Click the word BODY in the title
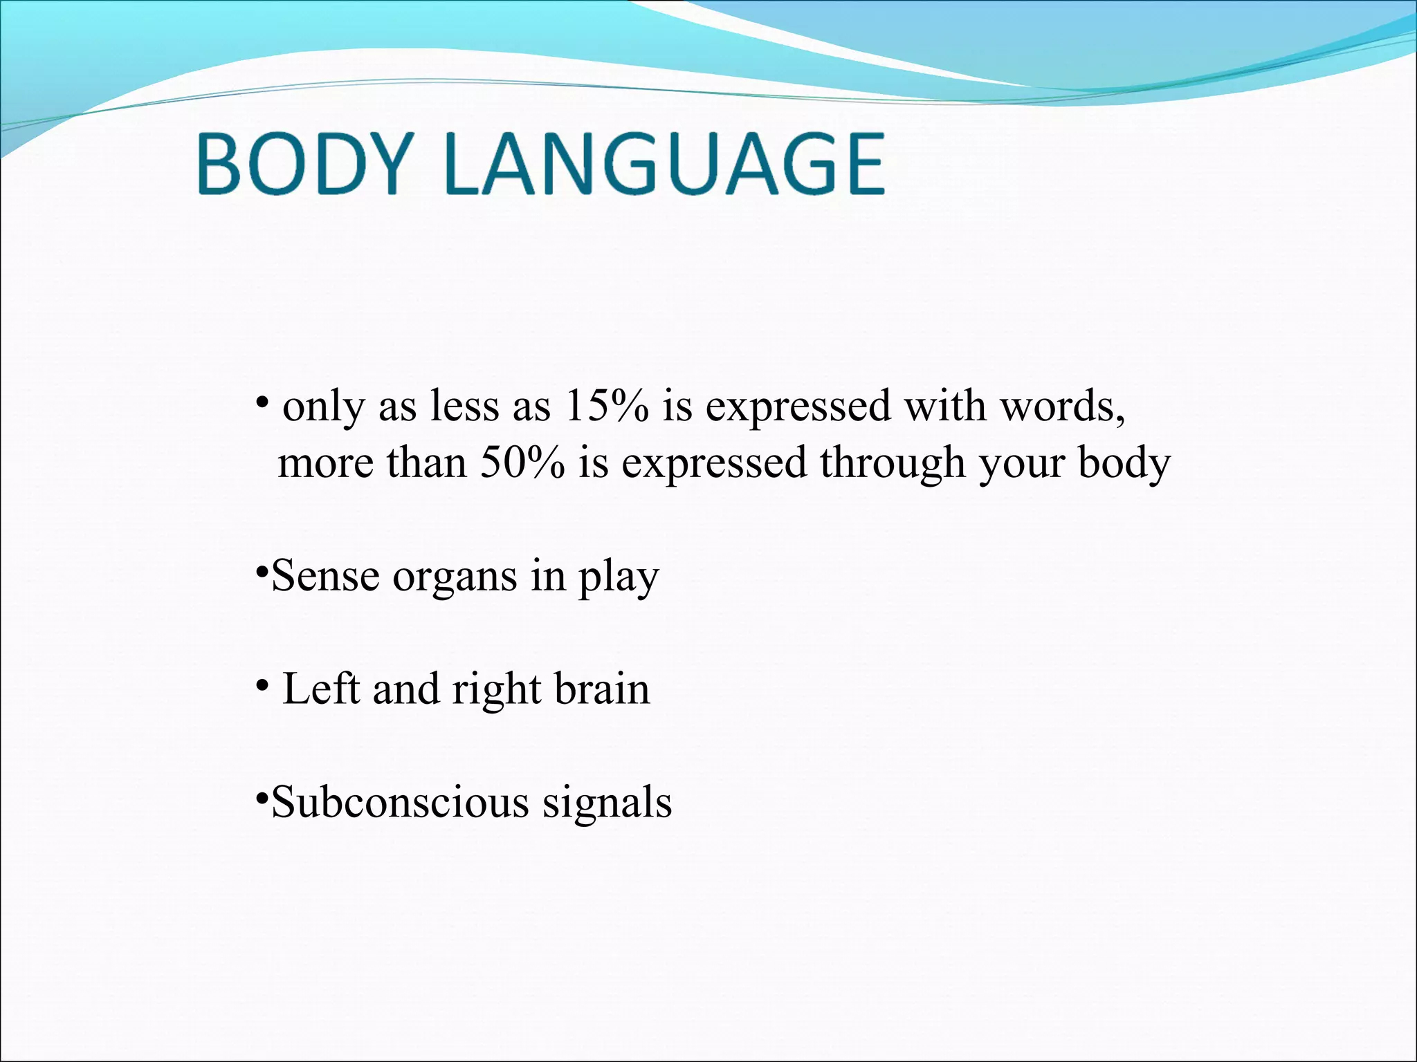(x=302, y=165)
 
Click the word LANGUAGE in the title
(x=668, y=165)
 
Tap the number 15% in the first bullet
(x=607, y=407)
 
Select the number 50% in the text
(x=522, y=463)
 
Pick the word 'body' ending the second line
(x=1124, y=463)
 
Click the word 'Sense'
(x=325, y=577)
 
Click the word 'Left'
(x=321, y=689)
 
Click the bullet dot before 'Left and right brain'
(x=262, y=685)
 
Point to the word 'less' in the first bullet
(x=464, y=407)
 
